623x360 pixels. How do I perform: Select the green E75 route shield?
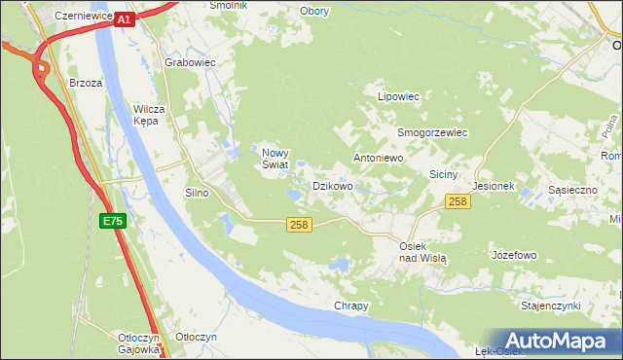pyautogui.click(x=113, y=222)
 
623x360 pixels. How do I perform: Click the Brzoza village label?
pyautogui.click(x=86, y=84)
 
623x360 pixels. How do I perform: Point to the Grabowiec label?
pyautogui.click(x=190, y=62)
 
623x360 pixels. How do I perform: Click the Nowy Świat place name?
pyautogui.click(x=274, y=158)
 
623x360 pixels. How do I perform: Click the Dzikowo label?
pyautogui.click(x=332, y=185)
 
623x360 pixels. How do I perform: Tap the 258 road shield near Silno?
pyautogui.click(x=300, y=226)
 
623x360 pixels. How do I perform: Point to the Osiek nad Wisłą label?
pyautogui.click(x=422, y=252)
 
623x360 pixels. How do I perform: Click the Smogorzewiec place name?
pyautogui.click(x=432, y=132)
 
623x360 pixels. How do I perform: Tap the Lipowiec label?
pyautogui.click(x=398, y=97)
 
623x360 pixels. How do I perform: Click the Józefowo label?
pyautogui.click(x=515, y=255)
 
